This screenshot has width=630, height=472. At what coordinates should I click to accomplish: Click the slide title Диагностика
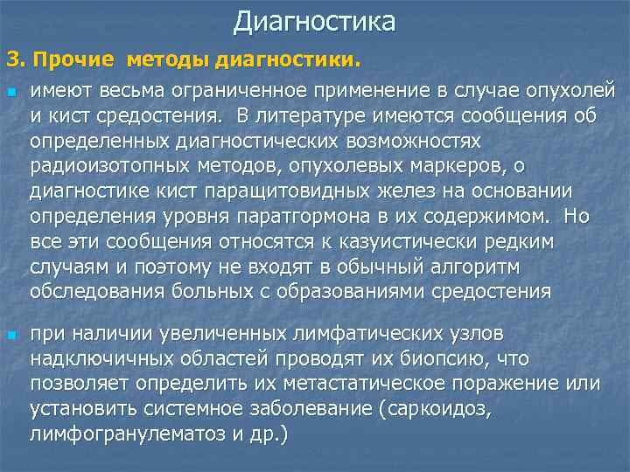(315, 21)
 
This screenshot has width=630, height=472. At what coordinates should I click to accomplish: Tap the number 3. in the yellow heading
(17, 61)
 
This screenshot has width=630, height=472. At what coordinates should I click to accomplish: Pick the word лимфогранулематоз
(108, 434)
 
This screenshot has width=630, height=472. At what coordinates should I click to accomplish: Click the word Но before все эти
(577, 216)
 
